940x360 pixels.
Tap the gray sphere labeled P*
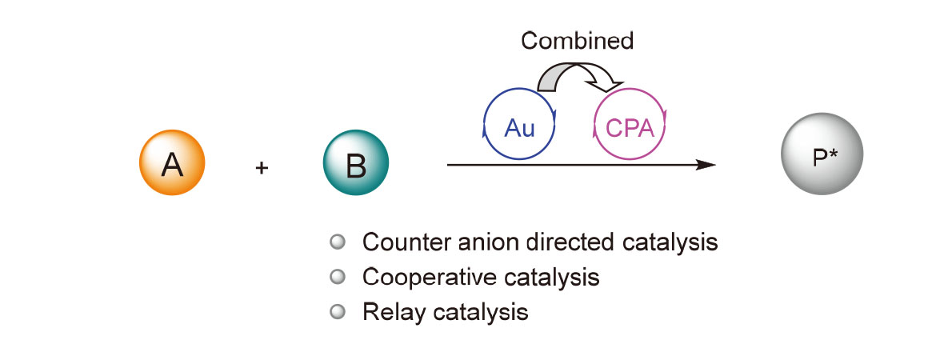pos(822,158)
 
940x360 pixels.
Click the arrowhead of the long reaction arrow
pos(706,165)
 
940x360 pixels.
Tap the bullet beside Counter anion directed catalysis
pos(337,241)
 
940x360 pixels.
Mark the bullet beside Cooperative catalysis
pos(337,277)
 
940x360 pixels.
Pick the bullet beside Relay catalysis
pos(337,311)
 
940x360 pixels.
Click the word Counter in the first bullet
pos(401,242)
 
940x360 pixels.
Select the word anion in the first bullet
pos(474,242)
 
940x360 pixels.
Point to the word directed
pos(557,242)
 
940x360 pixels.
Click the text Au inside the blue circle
pos(519,128)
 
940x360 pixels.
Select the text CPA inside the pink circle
pos(630,128)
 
